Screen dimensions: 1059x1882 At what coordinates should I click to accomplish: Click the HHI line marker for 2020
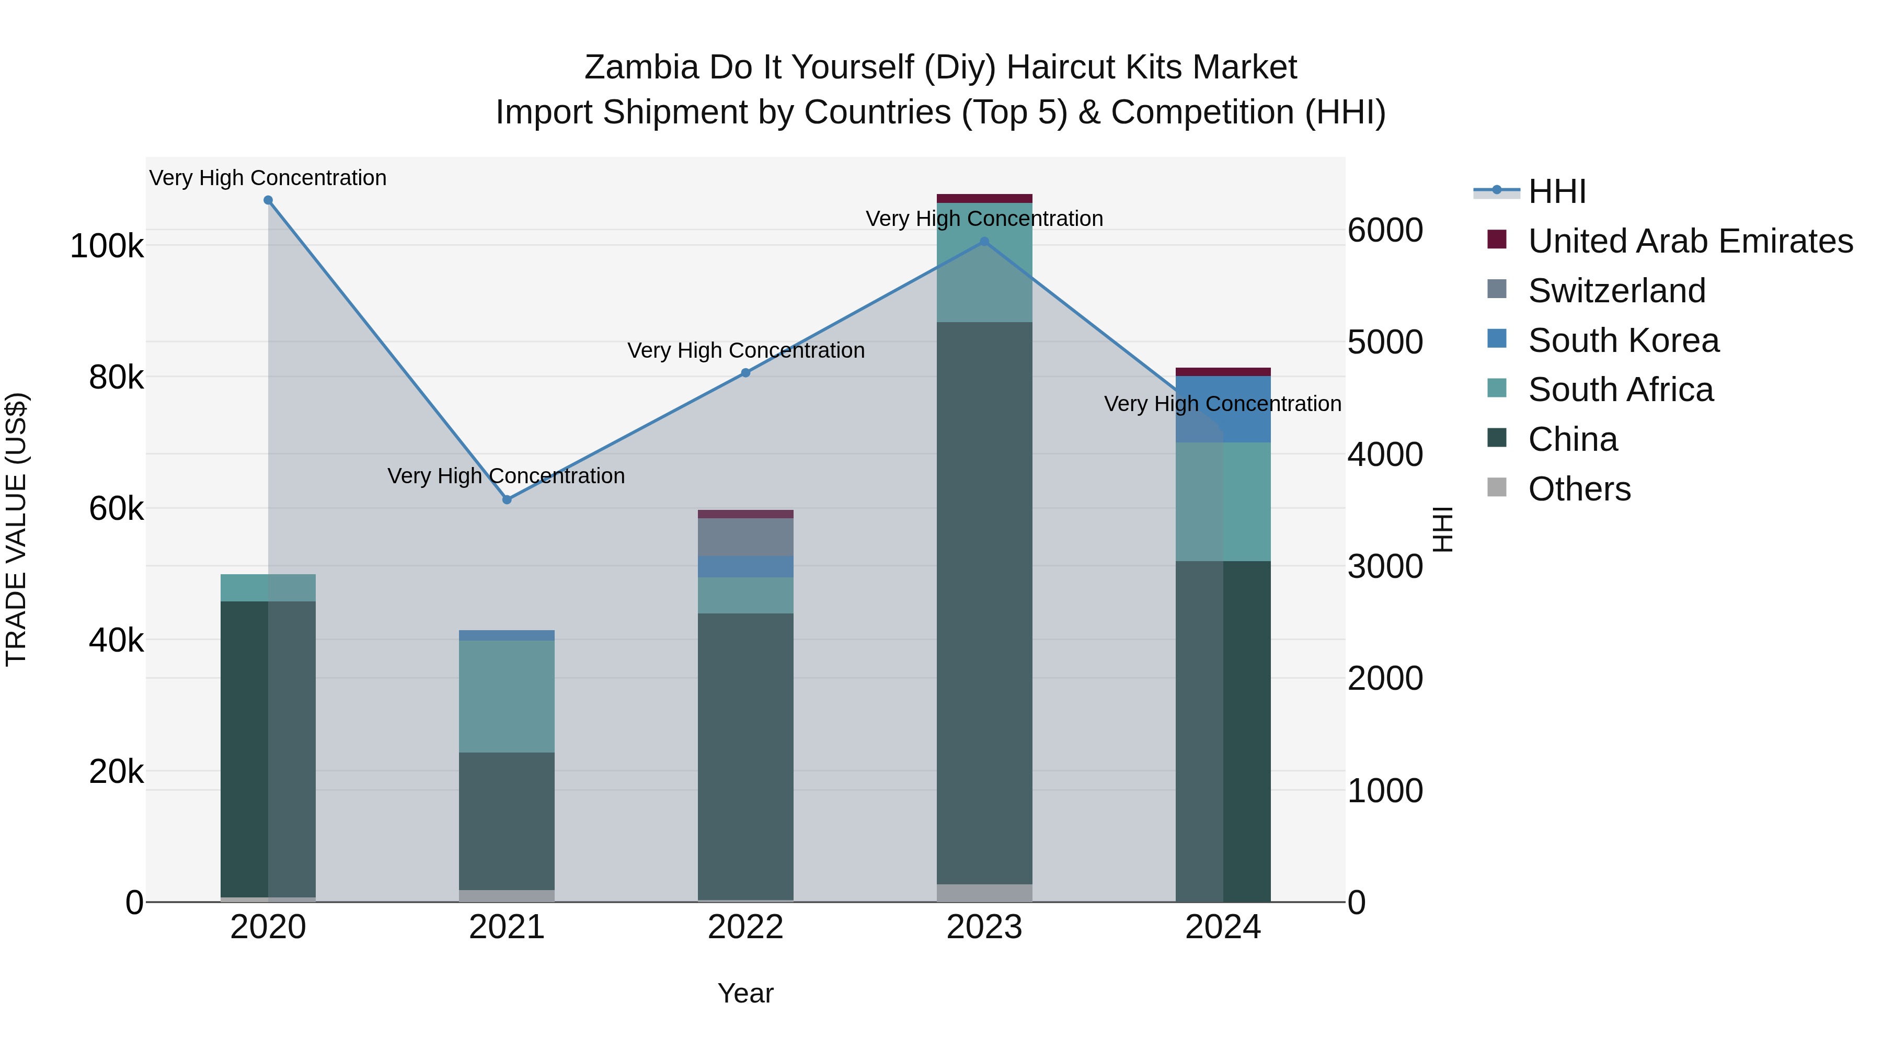click(268, 200)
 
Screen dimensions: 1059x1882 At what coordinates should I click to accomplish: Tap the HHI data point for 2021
click(507, 500)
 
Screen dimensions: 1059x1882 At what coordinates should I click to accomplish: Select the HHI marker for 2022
click(746, 373)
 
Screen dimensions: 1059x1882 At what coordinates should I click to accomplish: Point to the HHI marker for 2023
click(984, 242)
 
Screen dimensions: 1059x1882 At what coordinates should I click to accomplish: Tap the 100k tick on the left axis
click(107, 246)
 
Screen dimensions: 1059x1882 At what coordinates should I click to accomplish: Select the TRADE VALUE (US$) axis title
click(16, 529)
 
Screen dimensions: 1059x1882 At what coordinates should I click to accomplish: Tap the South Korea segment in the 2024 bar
click(1223, 409)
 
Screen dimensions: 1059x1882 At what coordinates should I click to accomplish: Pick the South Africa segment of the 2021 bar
click(507, 697)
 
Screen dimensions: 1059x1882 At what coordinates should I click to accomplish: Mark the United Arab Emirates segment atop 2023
click(984, 198)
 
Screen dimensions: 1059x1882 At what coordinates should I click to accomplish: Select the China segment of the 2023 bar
click(984, 603)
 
